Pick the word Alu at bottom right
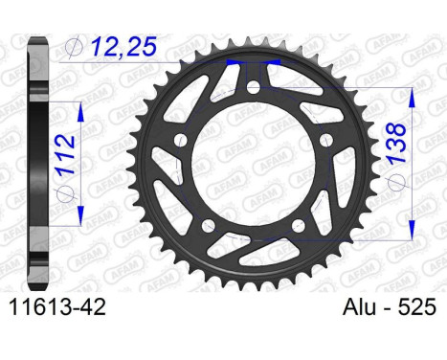pos(356,335)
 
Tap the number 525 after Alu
pos(413,335)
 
